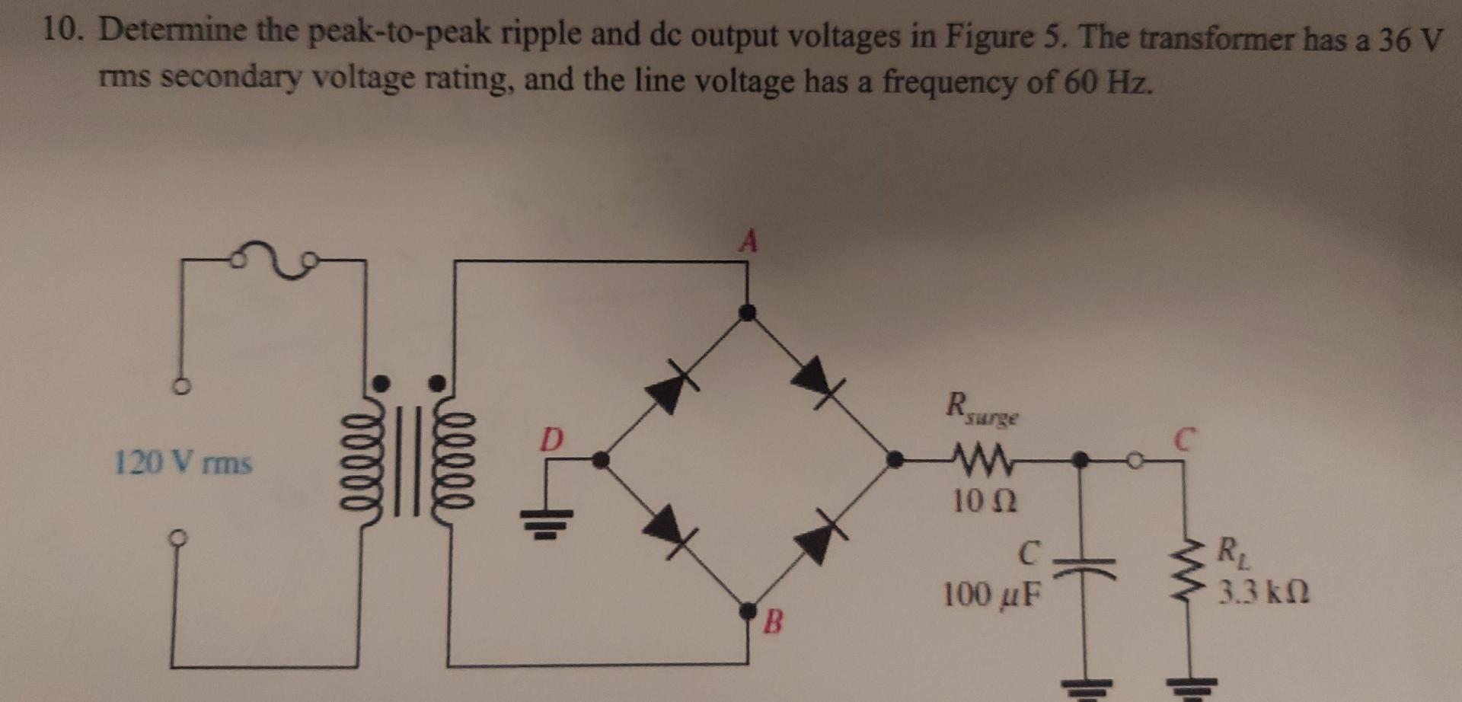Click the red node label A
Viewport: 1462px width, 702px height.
pyautogui.click(x=749, y=242)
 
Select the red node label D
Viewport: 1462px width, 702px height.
pyautogui.click(x=552, y=439)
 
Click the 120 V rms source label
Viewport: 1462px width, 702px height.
pyautogui.click(x=183, y=462)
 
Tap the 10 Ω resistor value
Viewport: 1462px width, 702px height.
pyautogui.click(x=985, y=500)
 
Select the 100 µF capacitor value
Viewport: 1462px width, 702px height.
pyautogui.click(x=991, y=595)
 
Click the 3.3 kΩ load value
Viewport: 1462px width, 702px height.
pyautogui.click(x=1263, y=592)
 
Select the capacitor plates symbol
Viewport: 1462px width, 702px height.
pyautogui.click(x=1079, y=568)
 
